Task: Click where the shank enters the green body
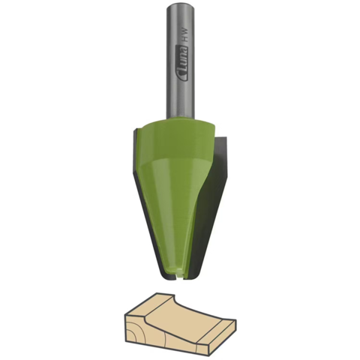pyautogui.click(x=180, y=116)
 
